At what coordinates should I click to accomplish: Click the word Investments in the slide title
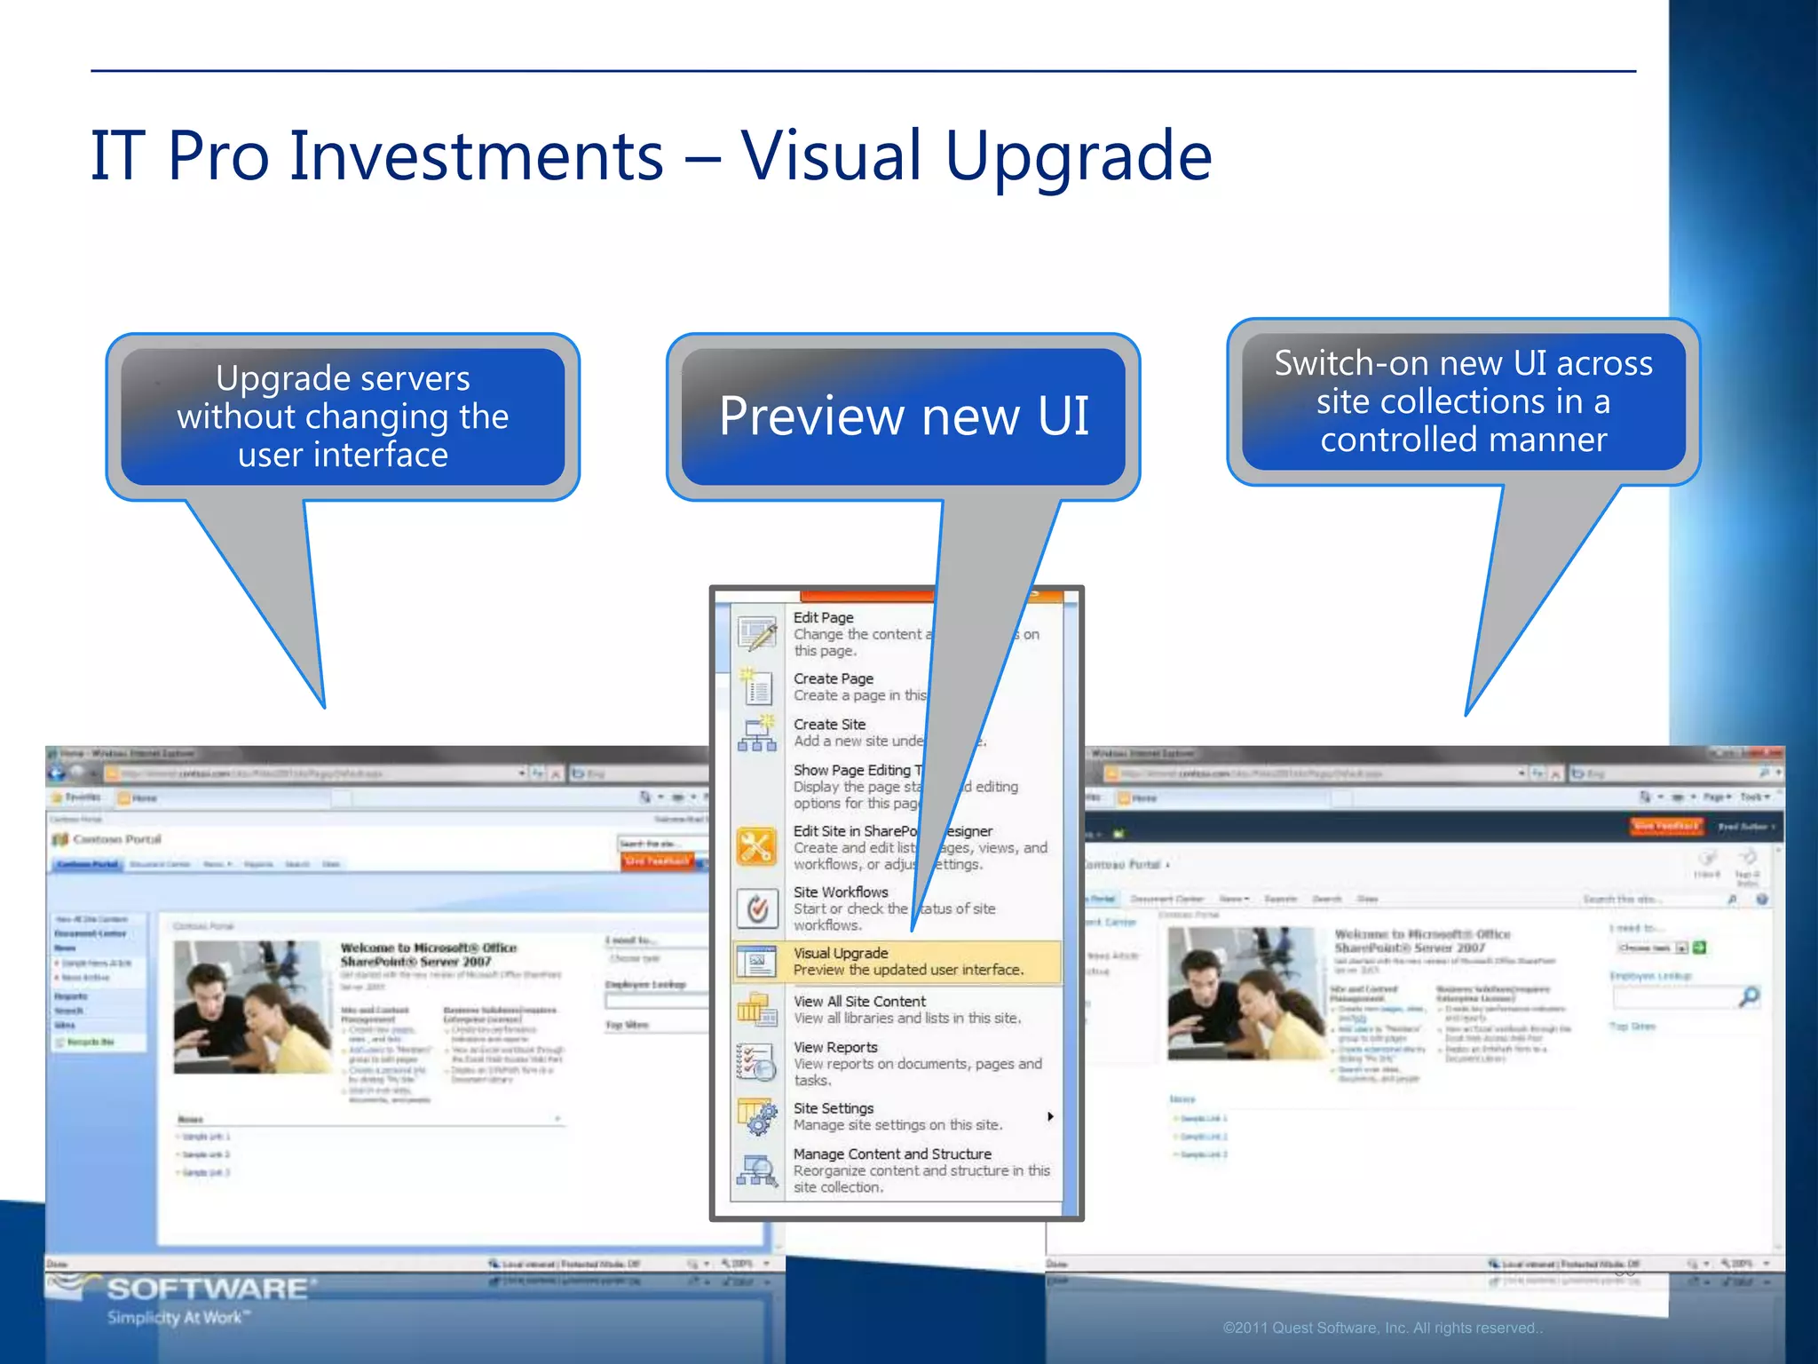pyautogui.click(x=476, y=156)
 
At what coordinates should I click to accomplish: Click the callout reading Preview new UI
pyautogui.click(x=903, y=416)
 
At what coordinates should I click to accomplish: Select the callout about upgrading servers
pyautogui.click(x=343, y=416)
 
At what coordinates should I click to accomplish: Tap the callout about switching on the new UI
pyautogui.click(x=1463, y=401)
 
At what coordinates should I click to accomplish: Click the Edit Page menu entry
pyautogui.click(x=823, y=618)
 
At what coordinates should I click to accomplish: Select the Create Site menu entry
pyautogui.click(x=829, y=725)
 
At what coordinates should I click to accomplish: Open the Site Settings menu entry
pyautogui.click(x=834, y=1108)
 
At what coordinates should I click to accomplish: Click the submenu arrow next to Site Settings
pyautogui.click(x=1050, y=1116)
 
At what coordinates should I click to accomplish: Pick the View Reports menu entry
pyautogui.click(x=835, y=1048)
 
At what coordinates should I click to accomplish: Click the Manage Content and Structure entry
pyautogui.click(x=892, y=1154)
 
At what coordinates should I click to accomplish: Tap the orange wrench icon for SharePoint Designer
pyautogui.click(x=756, y=847)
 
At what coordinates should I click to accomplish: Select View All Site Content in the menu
pyautogui.click(x=859, y=1002)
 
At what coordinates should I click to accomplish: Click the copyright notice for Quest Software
pyautogui.click(x=1382, y=1328)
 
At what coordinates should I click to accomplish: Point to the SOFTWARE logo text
pyautogui.click(x=208, y=1289)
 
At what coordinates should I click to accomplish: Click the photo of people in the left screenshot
pyautogui.click(x=252, y=1007)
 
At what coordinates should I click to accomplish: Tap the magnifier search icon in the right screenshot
pyautogui.click(x=1749, y=997)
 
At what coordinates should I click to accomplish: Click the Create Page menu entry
pyautogui.click(x=833, y=679)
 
